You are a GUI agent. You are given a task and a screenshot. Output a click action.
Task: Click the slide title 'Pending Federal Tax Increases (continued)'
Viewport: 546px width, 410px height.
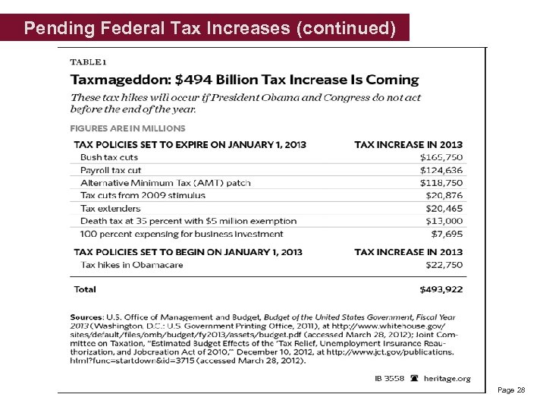pyautogui.click(x=209, y=29)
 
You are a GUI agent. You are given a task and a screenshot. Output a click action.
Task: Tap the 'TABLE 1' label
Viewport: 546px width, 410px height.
pyautogui.click(x=89, y=61)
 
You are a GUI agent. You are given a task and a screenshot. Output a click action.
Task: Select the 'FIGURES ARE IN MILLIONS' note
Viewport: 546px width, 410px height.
pyautogui.click(x=128, y=128)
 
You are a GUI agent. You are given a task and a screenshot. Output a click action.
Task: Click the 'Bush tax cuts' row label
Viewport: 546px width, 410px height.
pyautogui.click(x=109, y=157)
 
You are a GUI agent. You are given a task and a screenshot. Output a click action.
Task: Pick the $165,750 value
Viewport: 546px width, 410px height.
pyautogui.click(x=441, y=157)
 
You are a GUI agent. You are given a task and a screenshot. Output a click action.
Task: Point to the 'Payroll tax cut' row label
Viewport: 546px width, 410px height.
pyautogui.click(x=111, y=170)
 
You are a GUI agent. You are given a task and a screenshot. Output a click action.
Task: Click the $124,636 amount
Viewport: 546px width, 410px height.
pyautogui.click(x=441, y=170)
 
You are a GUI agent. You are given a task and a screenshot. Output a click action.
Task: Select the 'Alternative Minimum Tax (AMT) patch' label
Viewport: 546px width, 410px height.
pyautogui.click(x=165, y=183)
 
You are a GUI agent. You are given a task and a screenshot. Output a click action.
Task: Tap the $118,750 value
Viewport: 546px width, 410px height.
pyautogui.click(x=441, y=183)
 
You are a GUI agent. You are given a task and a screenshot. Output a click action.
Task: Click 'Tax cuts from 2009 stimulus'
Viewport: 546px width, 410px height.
pyautogui.click(x=143, y=195)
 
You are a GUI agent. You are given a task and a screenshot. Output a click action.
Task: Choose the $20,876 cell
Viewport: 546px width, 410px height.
pyautogui.click(x=444, y=195)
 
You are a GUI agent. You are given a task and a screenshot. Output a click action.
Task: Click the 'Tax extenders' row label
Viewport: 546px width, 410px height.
pyautogui.click(x=110, y=208)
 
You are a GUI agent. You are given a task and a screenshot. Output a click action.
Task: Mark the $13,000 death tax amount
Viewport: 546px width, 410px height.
pyautogui.click(x=444, y=221)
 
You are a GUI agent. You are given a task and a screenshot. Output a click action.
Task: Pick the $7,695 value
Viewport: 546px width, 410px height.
pyautogui.click(x=447, y=234)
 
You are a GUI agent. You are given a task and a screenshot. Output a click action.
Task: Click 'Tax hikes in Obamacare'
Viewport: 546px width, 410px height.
pyautogui.click(x=132, y=264)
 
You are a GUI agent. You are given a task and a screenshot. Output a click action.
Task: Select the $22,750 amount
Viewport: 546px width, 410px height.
pyautogui.click(x=444, y=264)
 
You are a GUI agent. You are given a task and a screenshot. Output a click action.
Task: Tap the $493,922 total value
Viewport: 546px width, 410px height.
pyautogui.click(x=441, y=289)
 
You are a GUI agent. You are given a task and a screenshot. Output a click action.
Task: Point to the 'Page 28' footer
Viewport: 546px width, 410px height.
pyautogui.click(x=511, y=389)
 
